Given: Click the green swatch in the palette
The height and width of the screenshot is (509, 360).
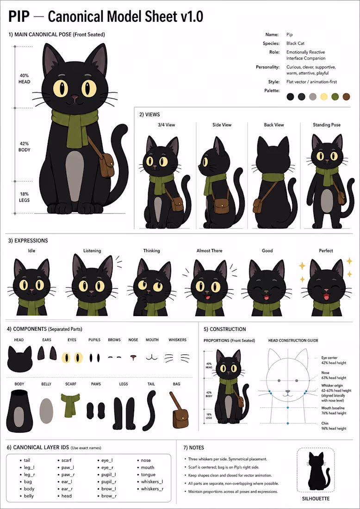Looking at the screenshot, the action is point(335,96).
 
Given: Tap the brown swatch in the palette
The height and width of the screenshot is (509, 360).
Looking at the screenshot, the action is point(347,96).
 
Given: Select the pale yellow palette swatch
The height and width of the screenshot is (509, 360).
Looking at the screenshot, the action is point(324,96).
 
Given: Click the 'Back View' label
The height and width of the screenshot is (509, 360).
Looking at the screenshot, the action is point(274,124).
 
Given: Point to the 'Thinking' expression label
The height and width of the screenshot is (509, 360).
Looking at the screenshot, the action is point(152,251).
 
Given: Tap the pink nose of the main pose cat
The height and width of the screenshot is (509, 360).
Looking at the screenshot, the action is point(74,97).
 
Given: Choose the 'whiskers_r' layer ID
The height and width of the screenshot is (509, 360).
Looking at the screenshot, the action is point(152,489).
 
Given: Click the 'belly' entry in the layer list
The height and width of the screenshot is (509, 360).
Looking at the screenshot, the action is point(29,496).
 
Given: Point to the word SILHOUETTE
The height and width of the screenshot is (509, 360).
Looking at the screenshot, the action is point(316,498).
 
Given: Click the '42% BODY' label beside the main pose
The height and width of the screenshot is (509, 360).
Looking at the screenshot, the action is point(24,146).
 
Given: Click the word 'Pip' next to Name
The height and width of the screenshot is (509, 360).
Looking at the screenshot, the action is point(290,34).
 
